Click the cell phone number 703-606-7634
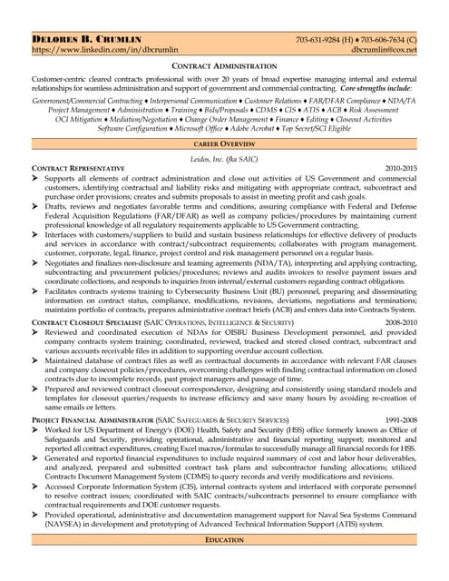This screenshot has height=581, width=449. tap(386, 40)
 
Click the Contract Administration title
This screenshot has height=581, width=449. tap(224, 67)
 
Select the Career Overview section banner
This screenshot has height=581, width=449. tap(224, 144)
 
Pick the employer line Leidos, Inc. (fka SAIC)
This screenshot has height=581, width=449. tap(224, 158)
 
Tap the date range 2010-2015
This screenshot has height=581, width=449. tap(401, 170)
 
